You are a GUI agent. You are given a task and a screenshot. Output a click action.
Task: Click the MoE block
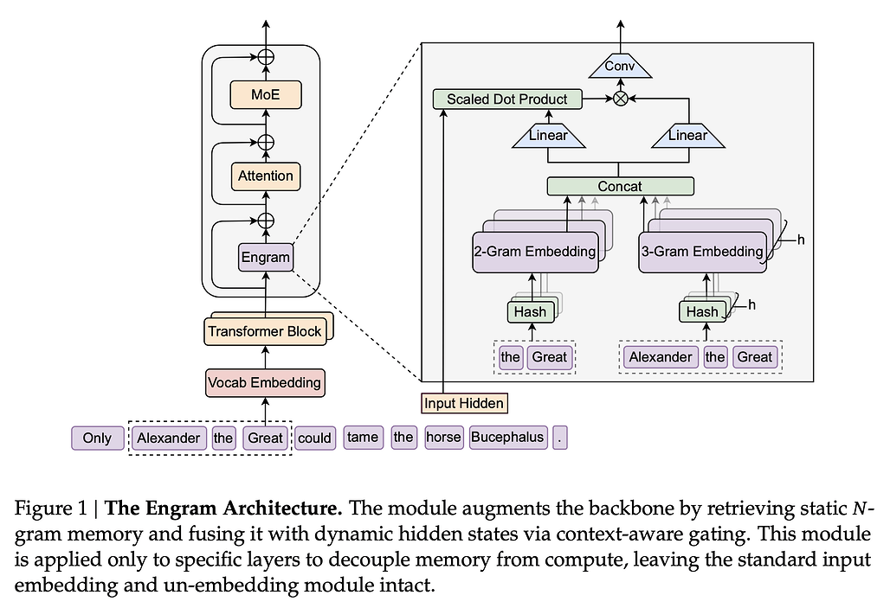pos(265,94)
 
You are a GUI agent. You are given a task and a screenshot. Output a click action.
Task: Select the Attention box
pos(265,176)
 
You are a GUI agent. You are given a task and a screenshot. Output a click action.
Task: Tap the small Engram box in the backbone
pos(265,257)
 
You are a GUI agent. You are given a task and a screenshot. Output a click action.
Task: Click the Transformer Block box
pos(264,330)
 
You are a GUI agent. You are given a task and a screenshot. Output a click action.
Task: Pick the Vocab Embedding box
pos(264,381)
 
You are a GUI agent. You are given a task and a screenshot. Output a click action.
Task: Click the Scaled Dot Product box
pos(506,99)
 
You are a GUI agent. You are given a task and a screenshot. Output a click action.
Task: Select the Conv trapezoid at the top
pos(619,67)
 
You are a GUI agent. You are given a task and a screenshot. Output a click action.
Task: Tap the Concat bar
pos(620,186)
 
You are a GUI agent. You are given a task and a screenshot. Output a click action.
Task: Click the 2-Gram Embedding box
pos(536,252)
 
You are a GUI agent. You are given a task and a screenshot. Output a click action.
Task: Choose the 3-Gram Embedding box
pos(703,252)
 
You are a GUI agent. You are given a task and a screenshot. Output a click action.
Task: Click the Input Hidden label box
pos(464,403)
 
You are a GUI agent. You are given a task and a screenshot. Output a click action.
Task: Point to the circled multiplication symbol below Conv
pos(620,99)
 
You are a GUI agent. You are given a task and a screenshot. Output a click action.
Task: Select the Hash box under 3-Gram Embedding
pos(702,310)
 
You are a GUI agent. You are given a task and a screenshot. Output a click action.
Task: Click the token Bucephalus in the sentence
pos(507,438)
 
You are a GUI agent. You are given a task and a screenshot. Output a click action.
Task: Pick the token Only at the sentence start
pos(97,438)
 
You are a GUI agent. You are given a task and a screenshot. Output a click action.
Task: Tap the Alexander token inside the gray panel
pos(661,357)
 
